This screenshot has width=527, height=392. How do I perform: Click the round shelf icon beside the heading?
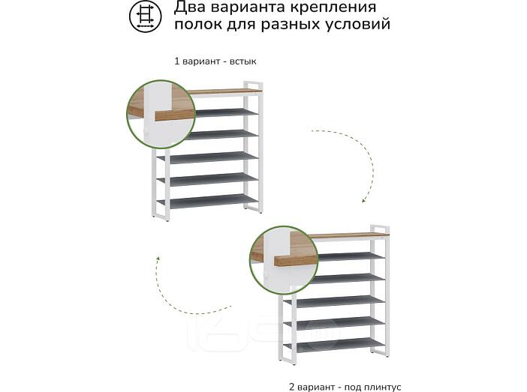tap(145, 16)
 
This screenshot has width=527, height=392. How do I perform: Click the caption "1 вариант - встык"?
tap(215, 61)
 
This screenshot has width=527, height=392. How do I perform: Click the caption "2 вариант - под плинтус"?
tap(345, 387)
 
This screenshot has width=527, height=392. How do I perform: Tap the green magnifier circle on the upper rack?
tap(161, 114)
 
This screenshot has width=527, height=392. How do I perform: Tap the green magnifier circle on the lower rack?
tap(284, 260)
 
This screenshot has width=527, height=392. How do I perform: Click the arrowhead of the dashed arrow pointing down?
tap(364, 199)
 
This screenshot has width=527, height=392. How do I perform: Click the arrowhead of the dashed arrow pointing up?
tap(158, 259)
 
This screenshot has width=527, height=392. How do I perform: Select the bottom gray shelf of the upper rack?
tap(208, 201)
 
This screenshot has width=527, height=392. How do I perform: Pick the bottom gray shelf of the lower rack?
tap(334, 345)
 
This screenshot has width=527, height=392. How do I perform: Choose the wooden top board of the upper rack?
tap(224, 91)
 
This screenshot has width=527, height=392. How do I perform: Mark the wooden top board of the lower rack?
tap(350, 235)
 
